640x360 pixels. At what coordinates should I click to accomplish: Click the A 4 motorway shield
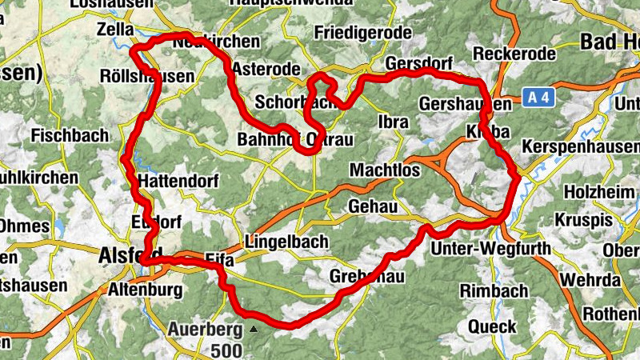coord(538,98)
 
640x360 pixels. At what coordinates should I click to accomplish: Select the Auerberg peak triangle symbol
coord(254,329)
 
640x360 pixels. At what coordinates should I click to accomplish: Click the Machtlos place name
coord(386,170)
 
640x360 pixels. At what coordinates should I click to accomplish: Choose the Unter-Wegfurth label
coord(490,249)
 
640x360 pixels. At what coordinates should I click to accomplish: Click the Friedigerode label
coord(362,33)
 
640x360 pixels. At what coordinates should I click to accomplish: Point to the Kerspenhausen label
coord(579,147)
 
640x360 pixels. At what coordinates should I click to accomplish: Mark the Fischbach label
coord(70,136)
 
